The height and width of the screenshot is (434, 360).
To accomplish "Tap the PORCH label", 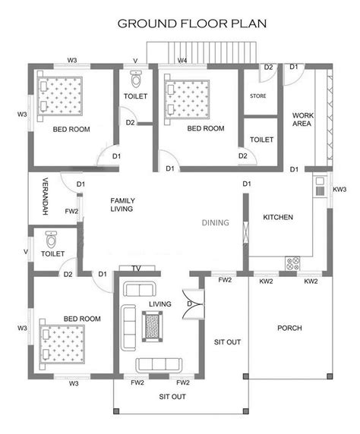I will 290,329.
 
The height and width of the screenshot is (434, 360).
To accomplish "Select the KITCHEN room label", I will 278,218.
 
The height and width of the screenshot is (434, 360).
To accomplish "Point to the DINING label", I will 216,223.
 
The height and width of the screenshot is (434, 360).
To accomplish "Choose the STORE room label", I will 257,96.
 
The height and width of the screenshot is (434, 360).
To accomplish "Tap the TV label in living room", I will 137,269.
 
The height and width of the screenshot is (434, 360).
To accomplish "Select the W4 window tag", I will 182,59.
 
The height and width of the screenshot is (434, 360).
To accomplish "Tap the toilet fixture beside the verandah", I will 51,241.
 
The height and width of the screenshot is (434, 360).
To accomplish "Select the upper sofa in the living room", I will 140,290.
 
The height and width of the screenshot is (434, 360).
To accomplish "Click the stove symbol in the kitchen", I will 292,263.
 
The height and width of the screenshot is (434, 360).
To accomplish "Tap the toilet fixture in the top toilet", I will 136,80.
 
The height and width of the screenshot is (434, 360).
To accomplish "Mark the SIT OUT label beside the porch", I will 227,342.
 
